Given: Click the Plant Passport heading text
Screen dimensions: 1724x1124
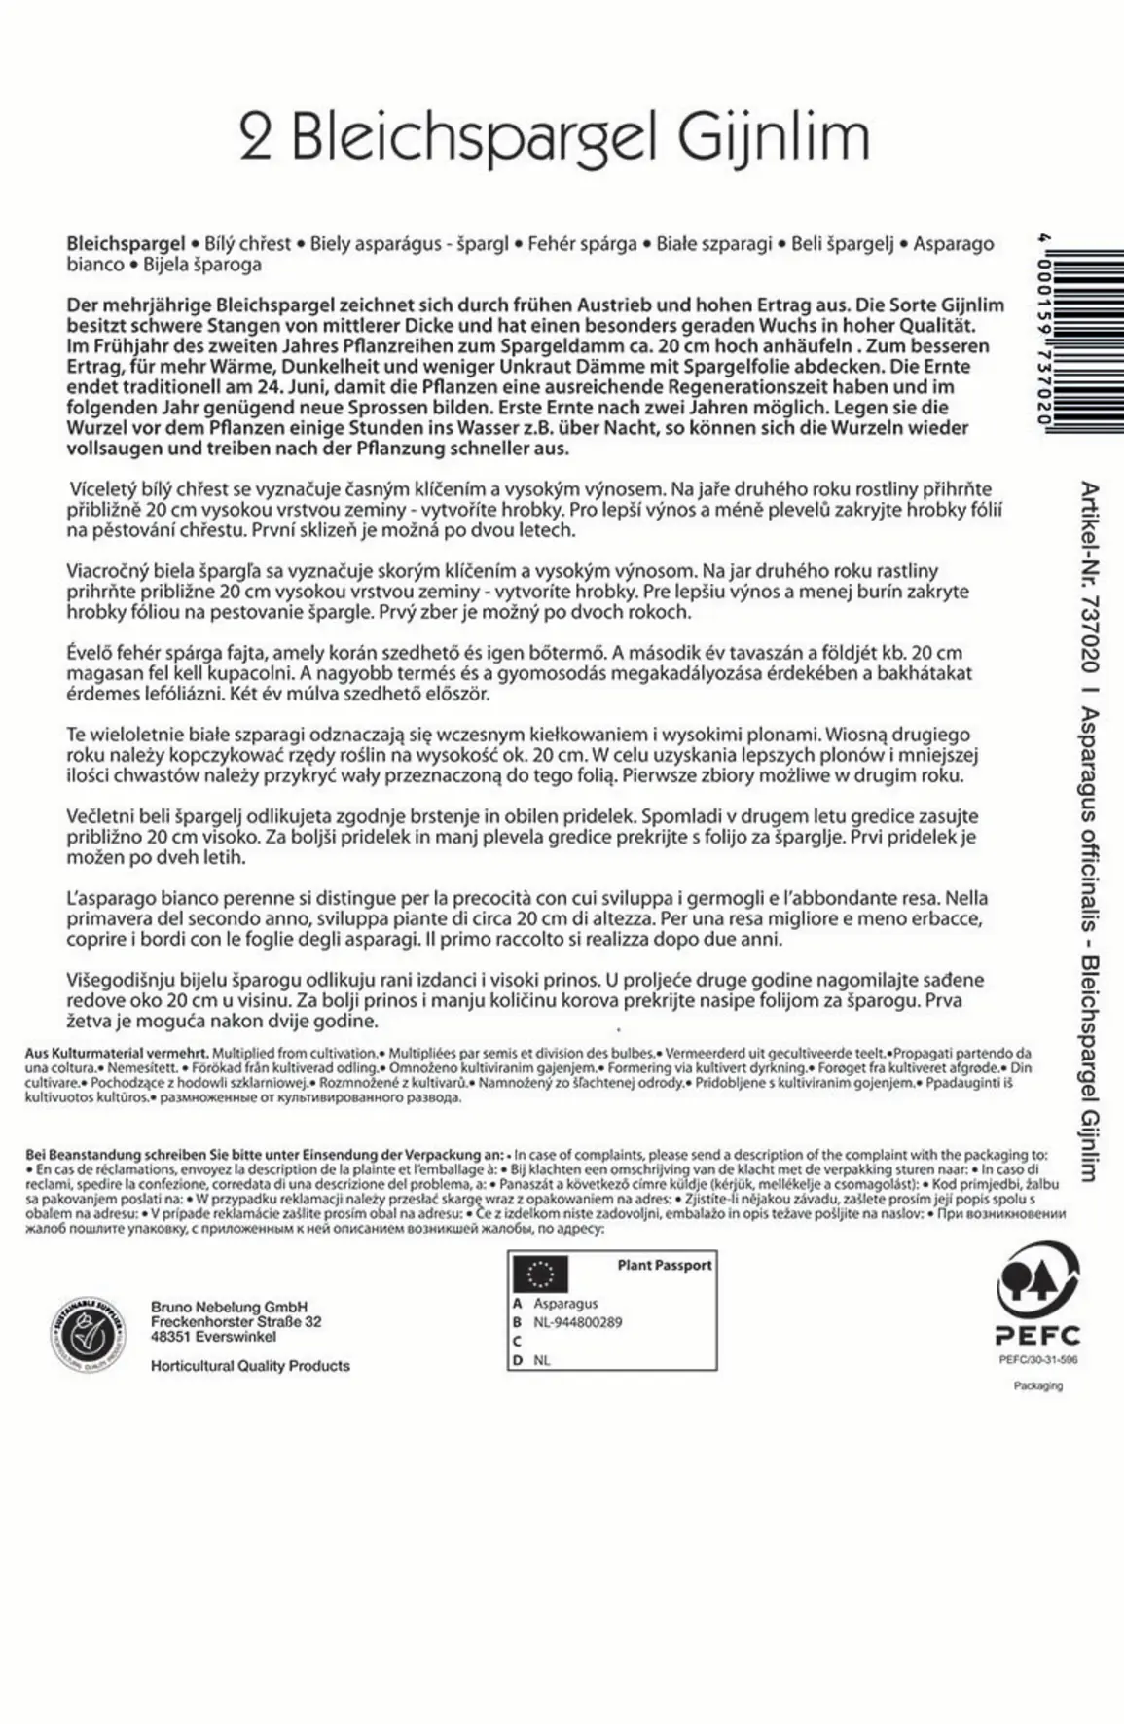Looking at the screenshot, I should (665, 1265).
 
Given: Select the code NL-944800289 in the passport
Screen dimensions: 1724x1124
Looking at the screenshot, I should (577, 1322).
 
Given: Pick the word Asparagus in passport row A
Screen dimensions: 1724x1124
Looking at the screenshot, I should (565, 1303).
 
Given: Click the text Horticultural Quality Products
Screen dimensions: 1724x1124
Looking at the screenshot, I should (250, 1366).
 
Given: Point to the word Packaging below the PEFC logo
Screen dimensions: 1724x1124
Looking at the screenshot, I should (1038, 1385).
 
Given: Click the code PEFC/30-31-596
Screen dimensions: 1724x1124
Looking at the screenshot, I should (1038, 1360).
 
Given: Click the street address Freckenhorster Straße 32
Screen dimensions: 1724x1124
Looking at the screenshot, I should (236, 1322).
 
